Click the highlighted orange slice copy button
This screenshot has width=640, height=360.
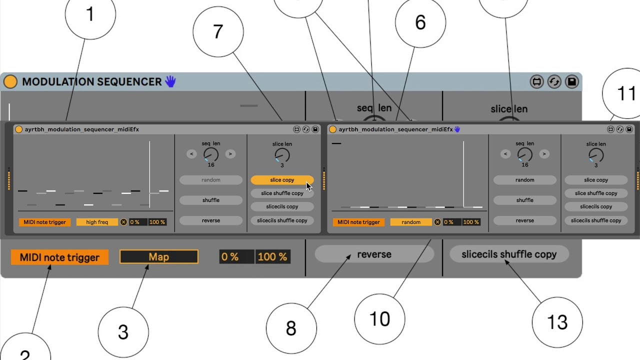(282, 180)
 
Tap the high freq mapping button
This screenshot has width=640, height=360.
(97, 222)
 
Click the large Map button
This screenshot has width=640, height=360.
(159, 257)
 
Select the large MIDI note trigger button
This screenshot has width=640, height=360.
(59, 257)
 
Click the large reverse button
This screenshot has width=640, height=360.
(374, 254)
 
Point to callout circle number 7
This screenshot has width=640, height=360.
(218, 32)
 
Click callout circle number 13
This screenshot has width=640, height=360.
(557, 322)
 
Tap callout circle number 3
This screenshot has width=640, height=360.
(123, 332)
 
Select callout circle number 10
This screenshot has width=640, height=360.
(379, 319)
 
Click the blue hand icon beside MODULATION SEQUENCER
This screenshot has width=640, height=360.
(170, 81)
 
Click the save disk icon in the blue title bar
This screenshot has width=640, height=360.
(571, 81)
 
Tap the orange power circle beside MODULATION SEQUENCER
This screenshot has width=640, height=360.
(10, 81)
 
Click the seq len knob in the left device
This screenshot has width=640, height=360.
(211, 154)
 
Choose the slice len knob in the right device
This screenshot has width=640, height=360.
(596, 155)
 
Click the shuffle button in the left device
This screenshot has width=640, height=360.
(211, 200)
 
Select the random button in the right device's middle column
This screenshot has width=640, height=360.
(525, 180)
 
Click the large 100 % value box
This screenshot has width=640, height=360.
(272, 257)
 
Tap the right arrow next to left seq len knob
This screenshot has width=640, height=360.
(230, 154)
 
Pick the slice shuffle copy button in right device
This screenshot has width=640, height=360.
(596, 193)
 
